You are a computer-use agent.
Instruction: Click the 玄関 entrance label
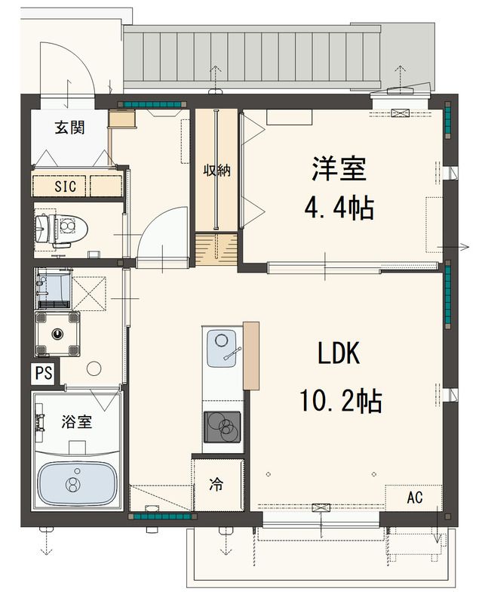tap(69, 127)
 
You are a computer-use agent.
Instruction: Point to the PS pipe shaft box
tap(43, 372)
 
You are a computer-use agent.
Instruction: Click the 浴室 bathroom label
tap(76, 421)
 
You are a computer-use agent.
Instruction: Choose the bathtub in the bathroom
tap(75, 483)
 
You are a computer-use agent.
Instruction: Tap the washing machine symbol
tap(58, 332)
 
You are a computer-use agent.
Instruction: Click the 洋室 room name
tap(339, 168)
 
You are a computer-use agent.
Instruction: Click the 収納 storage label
tap(216, 171)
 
